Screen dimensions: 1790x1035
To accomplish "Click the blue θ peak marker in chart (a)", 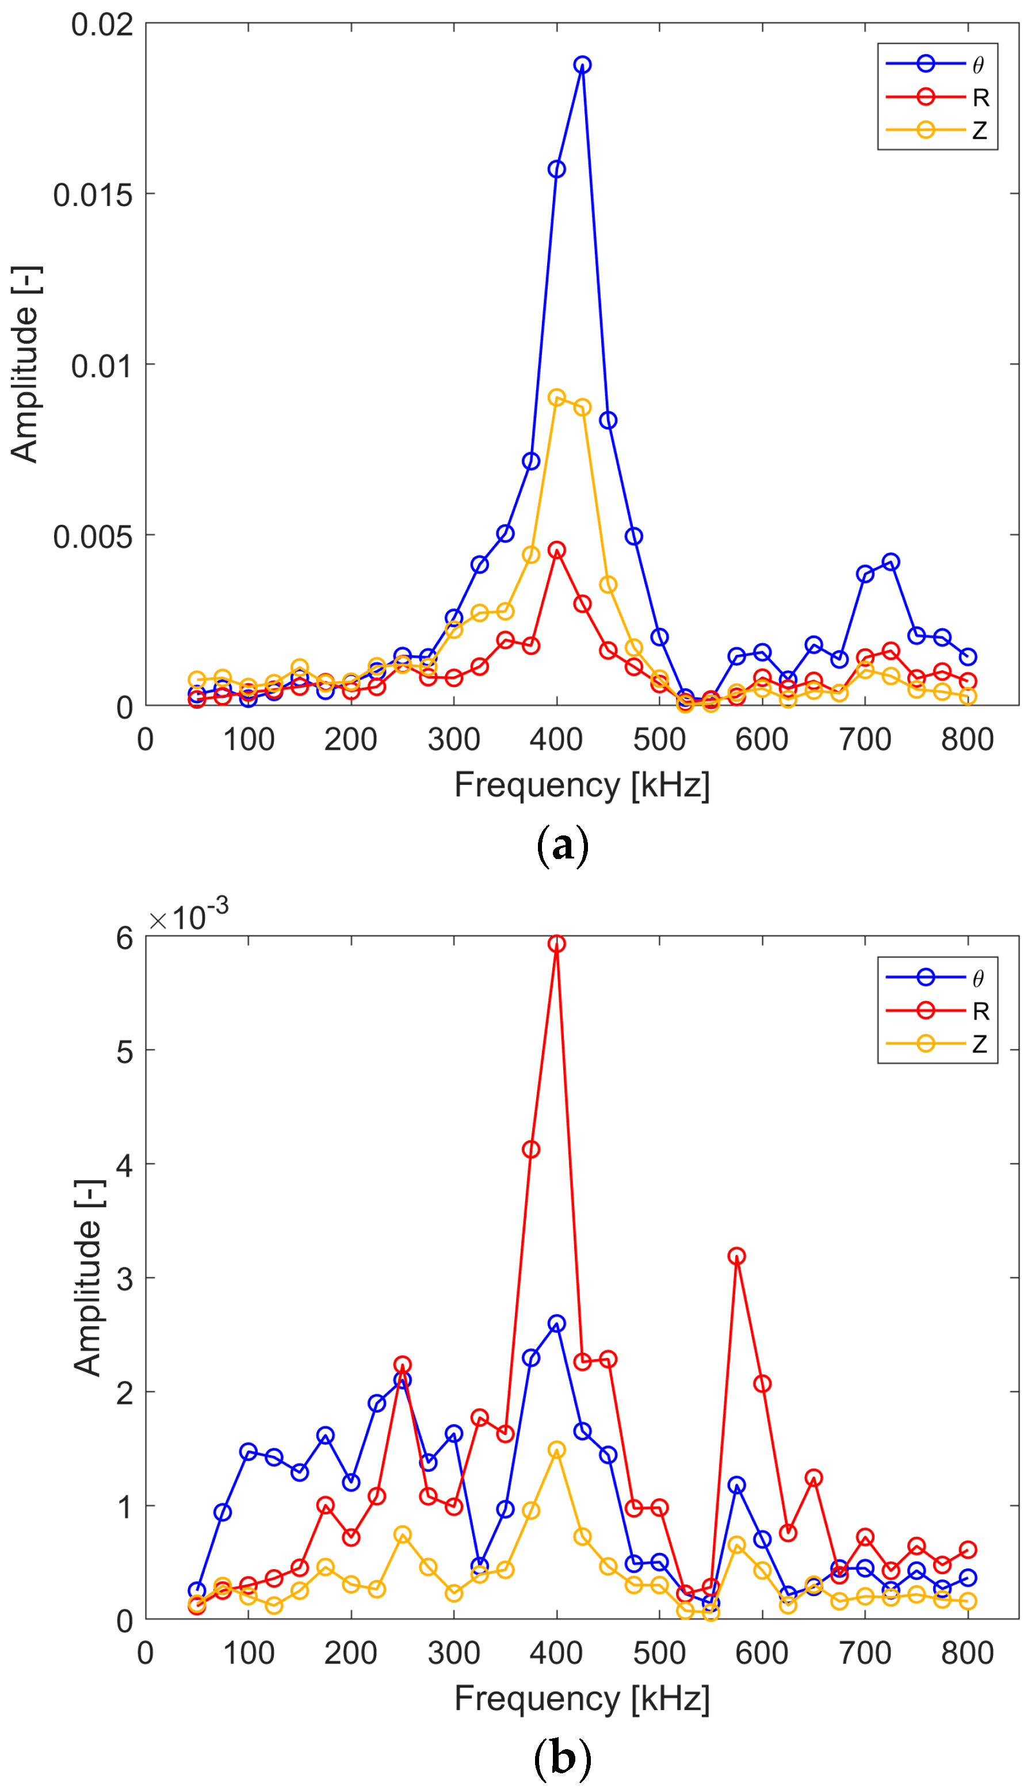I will point(582,64).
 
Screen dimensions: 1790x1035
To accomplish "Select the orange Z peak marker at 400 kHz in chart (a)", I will point(556,396).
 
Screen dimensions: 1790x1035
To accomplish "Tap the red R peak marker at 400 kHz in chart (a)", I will point(556,550).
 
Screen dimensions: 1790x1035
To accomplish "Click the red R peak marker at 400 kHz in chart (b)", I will point(556,943).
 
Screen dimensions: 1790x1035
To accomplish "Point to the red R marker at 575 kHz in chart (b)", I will point(736,1256).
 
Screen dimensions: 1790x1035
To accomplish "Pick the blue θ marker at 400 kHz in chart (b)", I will point(556,1323).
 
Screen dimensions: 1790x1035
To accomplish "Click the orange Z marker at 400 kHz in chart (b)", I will point(556,1450).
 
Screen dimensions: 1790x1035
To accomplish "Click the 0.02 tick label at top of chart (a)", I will point(102,25).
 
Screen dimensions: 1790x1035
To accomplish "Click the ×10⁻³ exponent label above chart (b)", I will point(189,917).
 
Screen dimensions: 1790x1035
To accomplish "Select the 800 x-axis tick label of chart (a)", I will point(967,739).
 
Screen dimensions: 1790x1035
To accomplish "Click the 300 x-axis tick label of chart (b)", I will point(453,1653).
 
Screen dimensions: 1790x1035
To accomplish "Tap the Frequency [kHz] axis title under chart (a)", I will point(582,785).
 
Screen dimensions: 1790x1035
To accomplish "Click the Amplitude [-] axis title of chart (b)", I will point(88,1278).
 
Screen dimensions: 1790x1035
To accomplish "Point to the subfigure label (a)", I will point(562,845).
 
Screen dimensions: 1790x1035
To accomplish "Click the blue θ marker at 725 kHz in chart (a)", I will point(890,562).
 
